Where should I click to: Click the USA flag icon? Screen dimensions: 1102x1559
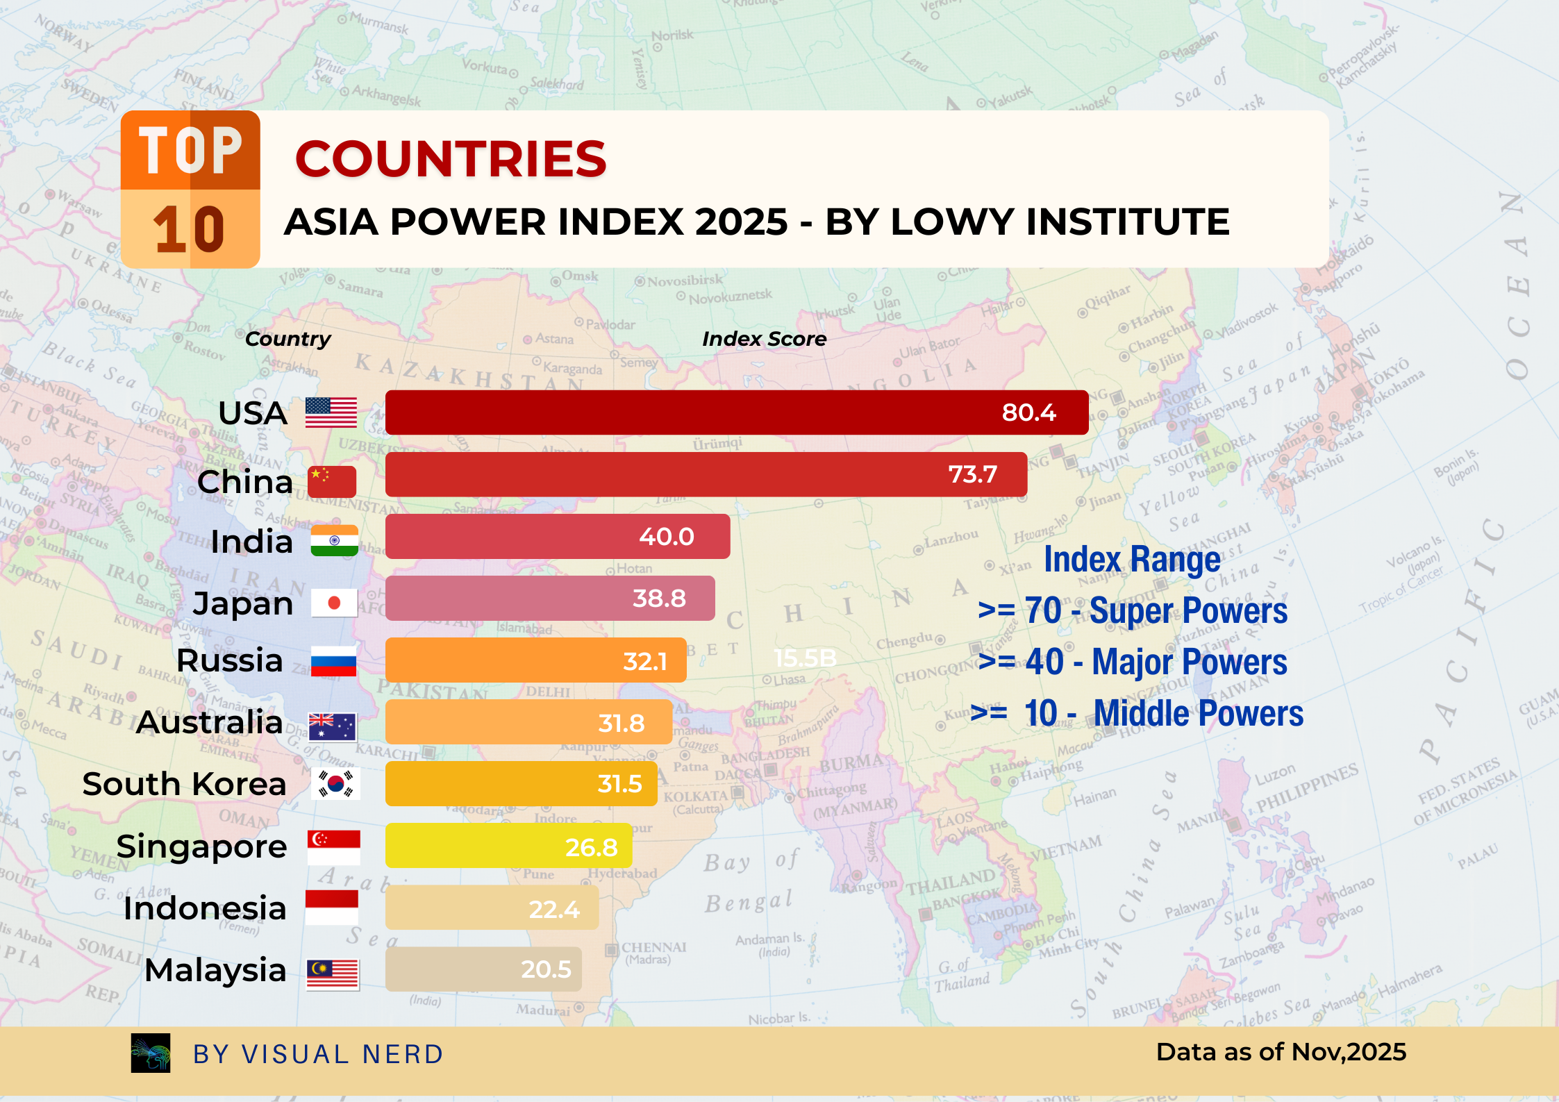point(331,412)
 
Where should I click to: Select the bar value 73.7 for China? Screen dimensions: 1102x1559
point(972,474)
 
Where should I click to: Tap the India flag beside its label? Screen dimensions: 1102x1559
point(334,541)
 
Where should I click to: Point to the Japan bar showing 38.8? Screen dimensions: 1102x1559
point(549,598)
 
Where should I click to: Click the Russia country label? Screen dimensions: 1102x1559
point(230,660)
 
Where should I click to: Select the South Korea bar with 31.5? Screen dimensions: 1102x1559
point(521,784)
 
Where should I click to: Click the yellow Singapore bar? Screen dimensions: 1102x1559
point(508,846)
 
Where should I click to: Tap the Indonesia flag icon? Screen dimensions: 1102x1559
point(332,908)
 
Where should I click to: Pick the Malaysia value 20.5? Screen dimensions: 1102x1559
point(546,969)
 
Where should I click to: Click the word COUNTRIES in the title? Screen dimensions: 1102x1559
point(451,159)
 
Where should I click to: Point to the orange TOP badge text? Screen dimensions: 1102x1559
point(190,150)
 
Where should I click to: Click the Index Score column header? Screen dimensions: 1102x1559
point(764,339)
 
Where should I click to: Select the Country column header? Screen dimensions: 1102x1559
point(287,339)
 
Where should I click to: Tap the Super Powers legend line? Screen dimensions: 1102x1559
point(1132,611)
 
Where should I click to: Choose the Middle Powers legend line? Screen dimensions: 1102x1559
point(1136,713)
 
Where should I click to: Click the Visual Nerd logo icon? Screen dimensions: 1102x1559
point(151,1053)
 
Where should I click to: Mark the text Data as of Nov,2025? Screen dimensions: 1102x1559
point(1281,1052)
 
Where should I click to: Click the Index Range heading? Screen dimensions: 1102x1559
point(1132,560)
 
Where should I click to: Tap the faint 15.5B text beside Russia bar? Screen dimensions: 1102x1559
point(805,658)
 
